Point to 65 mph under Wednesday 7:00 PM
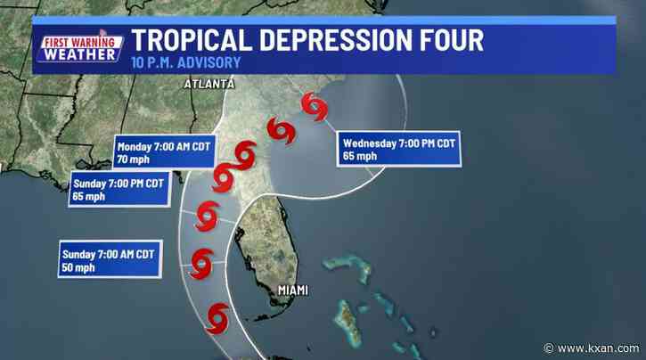point(359,156)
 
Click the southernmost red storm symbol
point(217,315)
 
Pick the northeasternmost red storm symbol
point(313,107)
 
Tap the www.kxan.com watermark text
point(593,346)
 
